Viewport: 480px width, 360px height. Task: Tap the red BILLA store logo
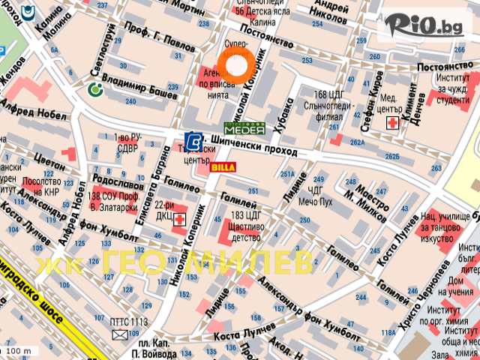tap(223, 167)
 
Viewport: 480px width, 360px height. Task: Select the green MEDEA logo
tap(244, 128)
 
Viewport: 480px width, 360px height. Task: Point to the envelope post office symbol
tap(121, 334)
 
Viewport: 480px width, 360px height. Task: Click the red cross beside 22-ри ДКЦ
tap(179, 220)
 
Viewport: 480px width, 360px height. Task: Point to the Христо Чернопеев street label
tap(437, 285)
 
